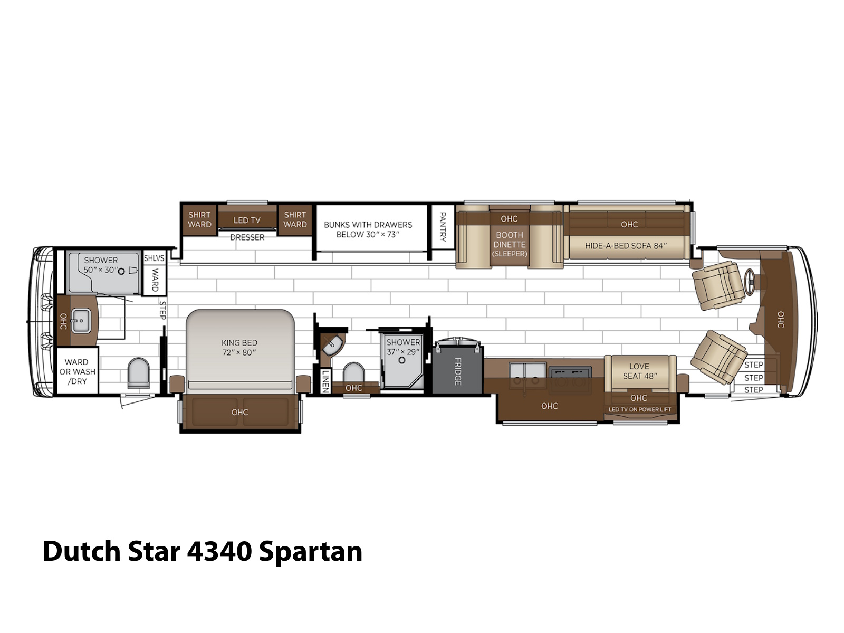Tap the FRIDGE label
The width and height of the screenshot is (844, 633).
click(x=457, y=371)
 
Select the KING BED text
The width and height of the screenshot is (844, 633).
click(x=239, y=342)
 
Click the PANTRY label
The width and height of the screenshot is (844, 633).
click(x=443, y=226)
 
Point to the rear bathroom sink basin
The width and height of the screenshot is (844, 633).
click(x=81, y=321)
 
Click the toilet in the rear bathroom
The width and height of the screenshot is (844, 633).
click(x=138, y=373)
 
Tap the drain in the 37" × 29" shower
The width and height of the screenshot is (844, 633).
click(x=402, y=360)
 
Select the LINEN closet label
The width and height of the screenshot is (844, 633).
click(x=325, y=381)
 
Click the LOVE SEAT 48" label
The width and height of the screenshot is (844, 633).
click(x=640, y=371)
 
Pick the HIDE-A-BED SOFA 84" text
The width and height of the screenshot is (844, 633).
click(x=626, y=246)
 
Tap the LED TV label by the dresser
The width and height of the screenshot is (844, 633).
click(x=247, y=220)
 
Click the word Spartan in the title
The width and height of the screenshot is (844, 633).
click(x=311, y=552)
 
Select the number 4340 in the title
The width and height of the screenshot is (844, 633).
click(x=219, y=551)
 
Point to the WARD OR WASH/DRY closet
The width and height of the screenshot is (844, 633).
click(x=78, y=370)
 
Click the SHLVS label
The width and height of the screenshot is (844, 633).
click(x=154, y=258)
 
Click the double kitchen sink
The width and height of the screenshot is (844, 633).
click(x=527, y=375)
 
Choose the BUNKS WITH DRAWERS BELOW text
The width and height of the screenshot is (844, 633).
click(x=368, y=229)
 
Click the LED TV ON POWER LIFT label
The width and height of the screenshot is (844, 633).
click(x=640, y=409)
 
